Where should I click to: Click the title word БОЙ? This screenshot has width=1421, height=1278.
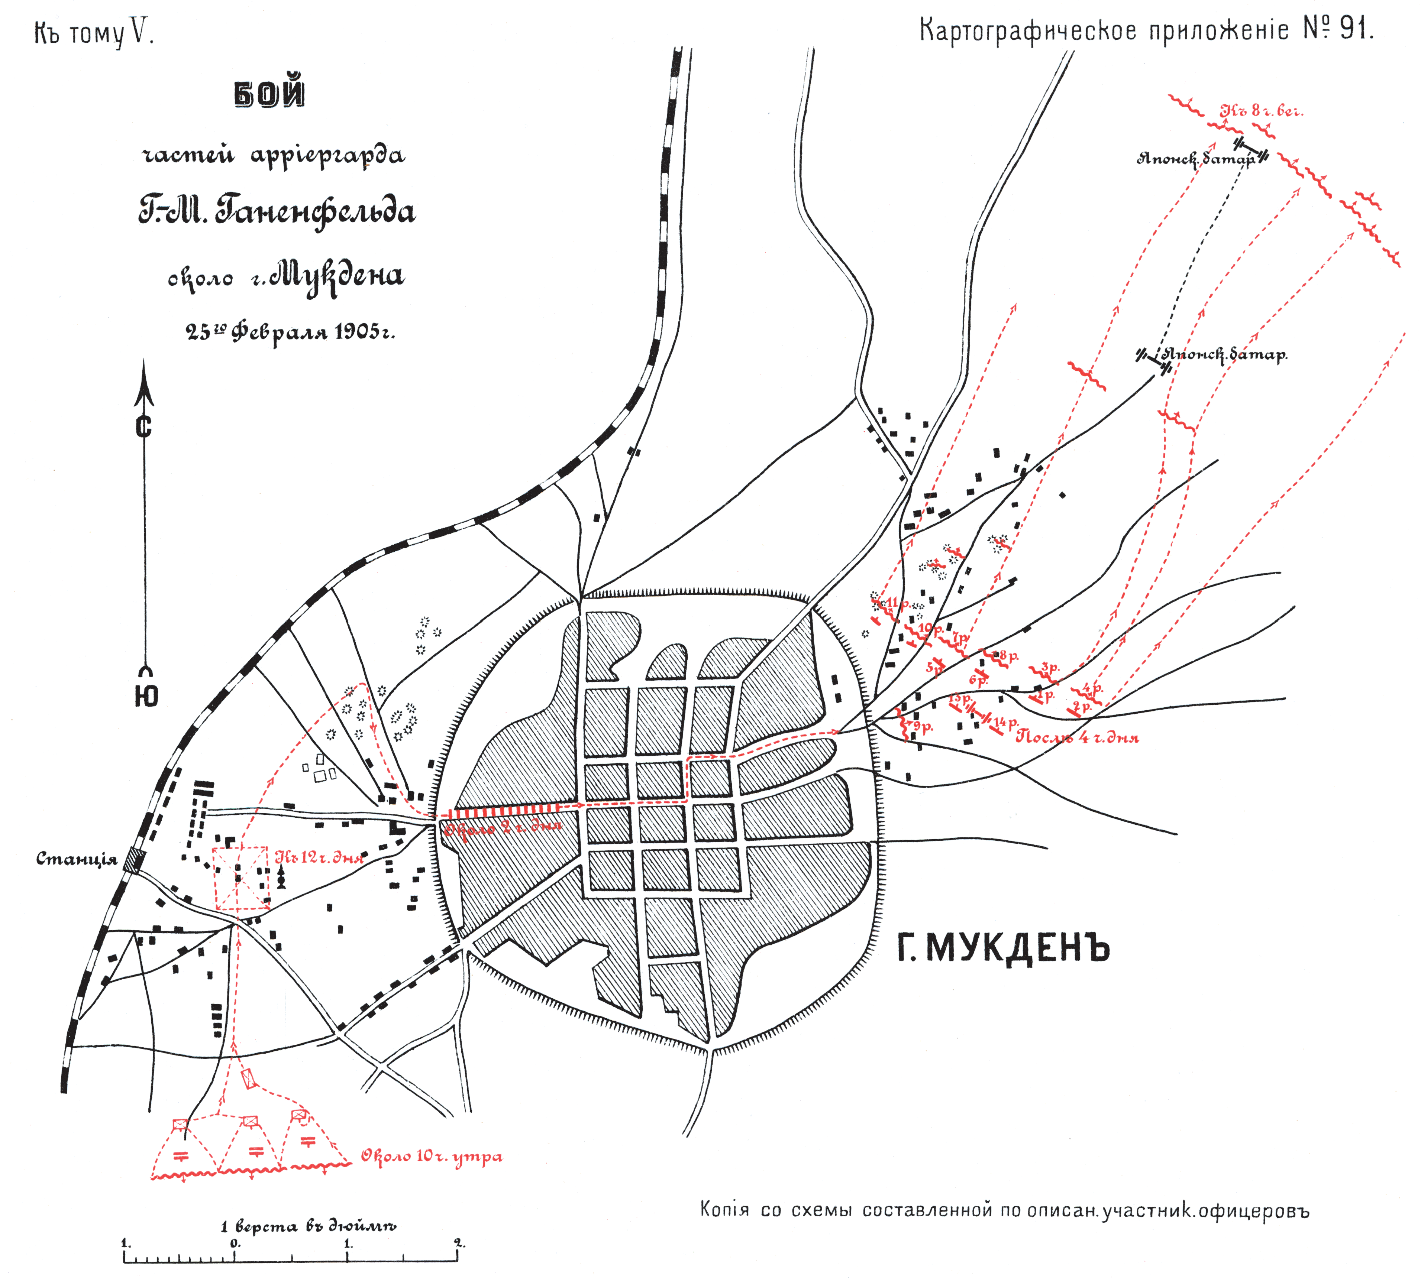(x=270, y=94)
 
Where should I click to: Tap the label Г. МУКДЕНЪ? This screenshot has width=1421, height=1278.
(x=1003, y=949)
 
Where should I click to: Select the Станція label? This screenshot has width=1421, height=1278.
(x=77, y=859)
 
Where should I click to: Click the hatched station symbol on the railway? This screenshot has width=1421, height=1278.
(x=133, y=859)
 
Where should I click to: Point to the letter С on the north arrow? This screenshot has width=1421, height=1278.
(x=144, y=426)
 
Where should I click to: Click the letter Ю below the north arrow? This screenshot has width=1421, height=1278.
(x=146, y=696)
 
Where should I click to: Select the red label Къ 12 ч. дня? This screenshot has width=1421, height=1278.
(x=320, y=857)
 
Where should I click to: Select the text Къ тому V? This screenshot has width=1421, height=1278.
(x=93, y=33)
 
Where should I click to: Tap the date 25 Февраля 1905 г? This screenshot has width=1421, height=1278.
(x=290, y=331)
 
